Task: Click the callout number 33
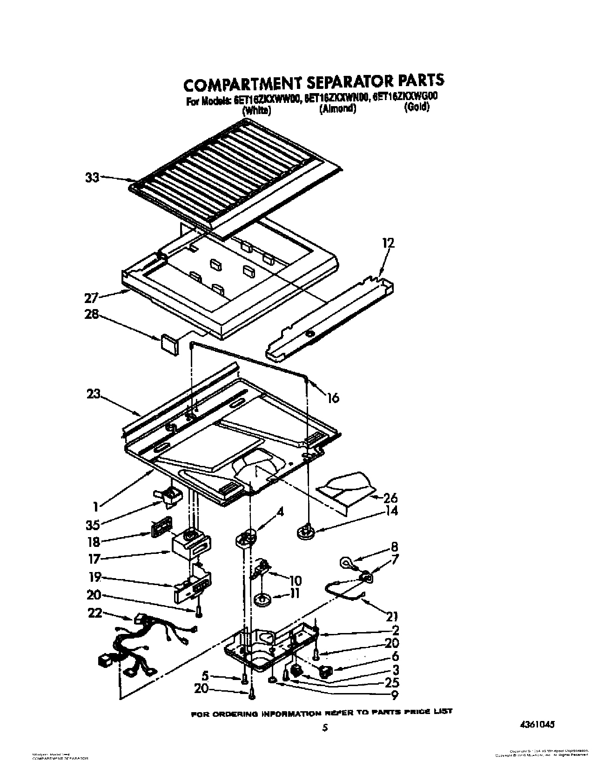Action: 92,177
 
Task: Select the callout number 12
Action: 388,243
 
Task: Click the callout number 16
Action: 333,397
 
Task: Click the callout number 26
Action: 390,498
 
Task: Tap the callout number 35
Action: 93,525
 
